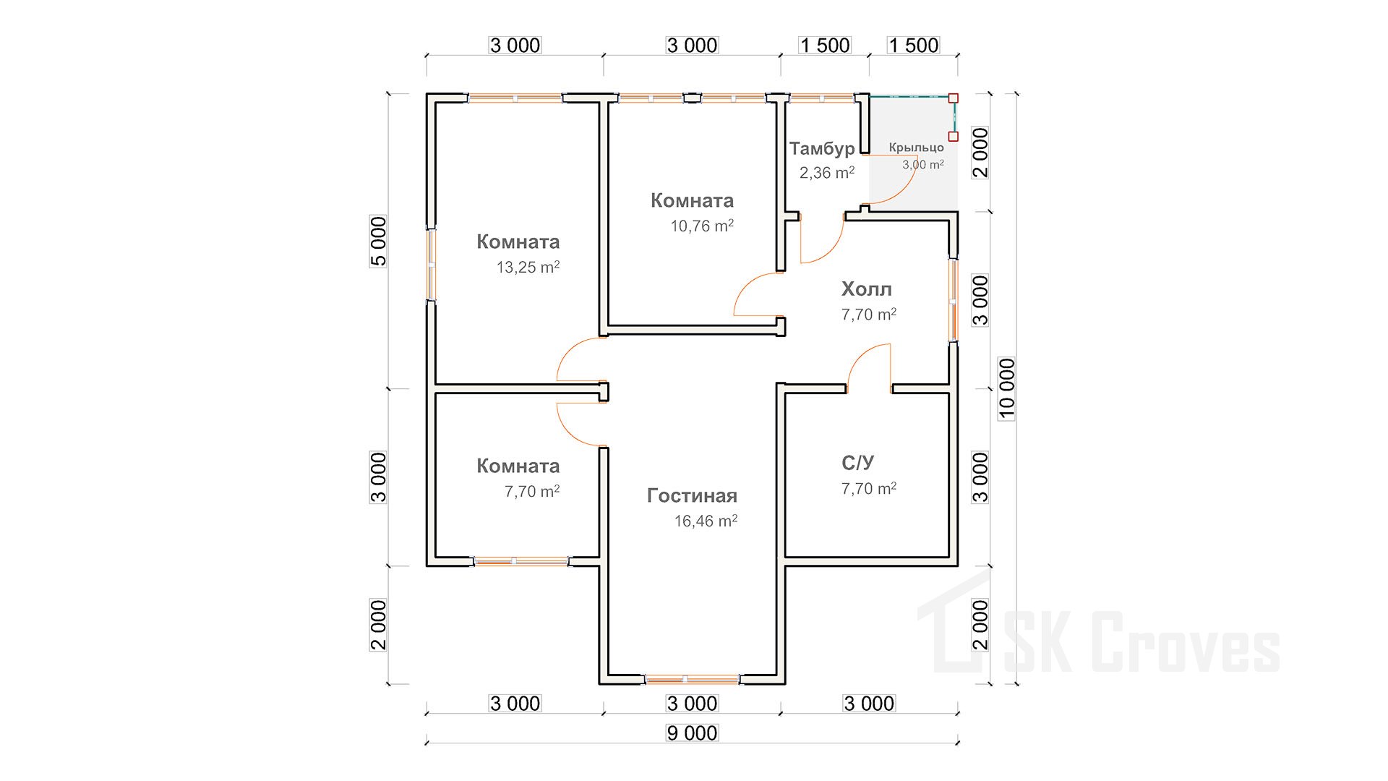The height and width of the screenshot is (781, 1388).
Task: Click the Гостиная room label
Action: tap(692, 495)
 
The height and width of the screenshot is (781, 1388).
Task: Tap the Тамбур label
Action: tap(822, 149)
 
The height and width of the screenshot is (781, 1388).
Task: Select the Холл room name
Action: tap(866, 289)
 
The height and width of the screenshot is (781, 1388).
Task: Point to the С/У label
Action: tap(857, 463)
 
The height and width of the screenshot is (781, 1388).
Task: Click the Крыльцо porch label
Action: tap(916, 148)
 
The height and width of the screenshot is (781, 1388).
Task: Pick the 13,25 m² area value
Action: tap(528, 268)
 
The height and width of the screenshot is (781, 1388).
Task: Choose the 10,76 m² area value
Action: tap(701, 226)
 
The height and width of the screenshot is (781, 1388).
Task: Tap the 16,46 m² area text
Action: tap(706, 521)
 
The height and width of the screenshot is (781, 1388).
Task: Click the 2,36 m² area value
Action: tap(826, 173)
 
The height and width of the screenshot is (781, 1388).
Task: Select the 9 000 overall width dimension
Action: tap(692, 733)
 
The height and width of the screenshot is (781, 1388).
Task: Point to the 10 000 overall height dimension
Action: tap(1006, 388)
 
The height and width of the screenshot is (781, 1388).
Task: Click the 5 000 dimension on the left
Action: tap(379, 242)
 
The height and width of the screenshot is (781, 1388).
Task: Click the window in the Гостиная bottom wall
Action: tap(692, 679)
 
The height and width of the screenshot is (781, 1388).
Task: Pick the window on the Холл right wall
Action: tap(954, 300)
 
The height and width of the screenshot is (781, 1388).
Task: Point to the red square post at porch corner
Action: tap(954, 98)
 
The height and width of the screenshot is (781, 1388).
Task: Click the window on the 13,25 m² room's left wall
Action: tap(431, 265)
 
